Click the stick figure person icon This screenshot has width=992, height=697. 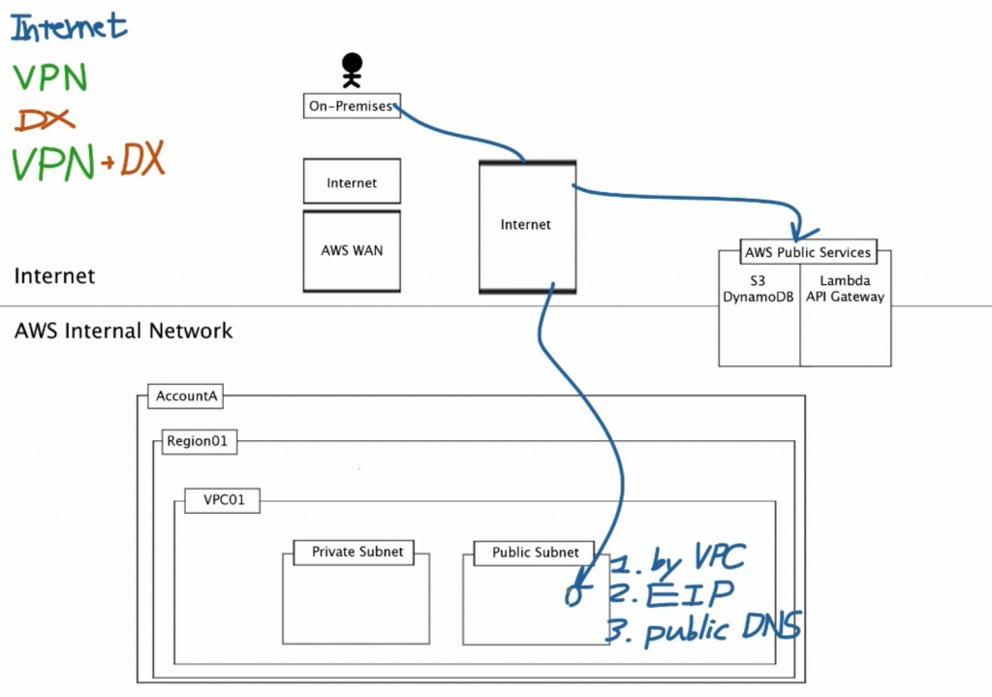[351, 71]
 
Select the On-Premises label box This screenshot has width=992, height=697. [352, 107]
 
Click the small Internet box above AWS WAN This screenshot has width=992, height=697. [352, 182]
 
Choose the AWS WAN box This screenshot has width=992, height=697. [352, 250]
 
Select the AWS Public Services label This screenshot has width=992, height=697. [808, 252]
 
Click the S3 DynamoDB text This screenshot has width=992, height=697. [759, 289]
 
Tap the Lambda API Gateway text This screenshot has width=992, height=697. [845, 289]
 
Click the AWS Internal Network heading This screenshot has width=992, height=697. [124, 331]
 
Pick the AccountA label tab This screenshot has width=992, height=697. [184, 396]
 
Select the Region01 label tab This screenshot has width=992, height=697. [196, 441]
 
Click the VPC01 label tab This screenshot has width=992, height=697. [222, 502]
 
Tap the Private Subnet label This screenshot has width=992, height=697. [356, 553]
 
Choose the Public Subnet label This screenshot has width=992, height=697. [535, 553]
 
